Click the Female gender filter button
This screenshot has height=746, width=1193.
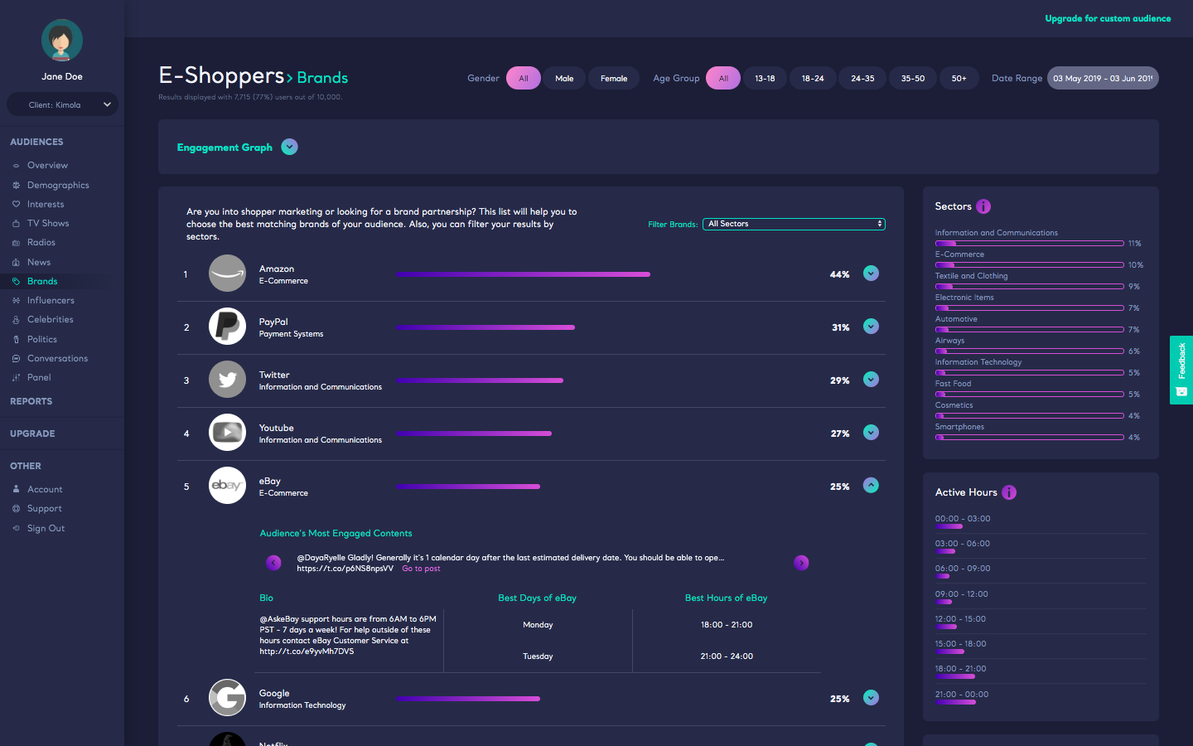(614, 78)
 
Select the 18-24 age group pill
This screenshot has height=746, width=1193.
(813, 78)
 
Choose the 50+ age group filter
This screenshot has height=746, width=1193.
(959, 78)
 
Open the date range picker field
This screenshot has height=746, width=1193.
(1103, 78)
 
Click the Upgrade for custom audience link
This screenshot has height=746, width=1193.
(1108, 18)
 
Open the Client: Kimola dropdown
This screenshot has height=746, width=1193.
(62, 104)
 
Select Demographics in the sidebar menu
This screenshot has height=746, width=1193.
(58, 185)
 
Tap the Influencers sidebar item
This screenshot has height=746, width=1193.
(51, 300)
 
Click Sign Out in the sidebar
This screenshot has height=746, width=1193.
(46, 528)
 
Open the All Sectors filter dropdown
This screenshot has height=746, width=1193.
(794, 224)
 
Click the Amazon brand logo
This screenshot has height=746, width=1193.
(227, 274)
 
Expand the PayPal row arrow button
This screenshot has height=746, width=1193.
(871, 327)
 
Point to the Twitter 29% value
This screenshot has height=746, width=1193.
(839, 380)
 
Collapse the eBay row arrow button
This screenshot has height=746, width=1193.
(871, 486)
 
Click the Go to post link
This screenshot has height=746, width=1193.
(421, 569)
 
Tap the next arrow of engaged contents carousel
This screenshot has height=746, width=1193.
(801, 563)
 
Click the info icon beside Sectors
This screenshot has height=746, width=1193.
(983, 206)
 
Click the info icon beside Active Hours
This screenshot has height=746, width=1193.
(1009, 492)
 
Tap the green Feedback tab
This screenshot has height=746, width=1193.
(1181, 370)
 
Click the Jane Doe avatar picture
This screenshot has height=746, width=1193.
(62, 40)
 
